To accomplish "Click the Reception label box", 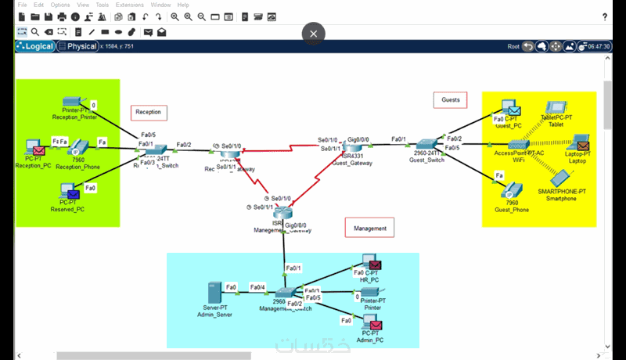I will tap(149, 113).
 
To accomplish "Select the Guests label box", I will tap(450, 100).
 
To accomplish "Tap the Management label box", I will tap(370, 229).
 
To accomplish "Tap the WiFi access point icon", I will tap(517, 145).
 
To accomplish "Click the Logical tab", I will tap(35, 46).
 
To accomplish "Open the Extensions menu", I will tap(129, 5).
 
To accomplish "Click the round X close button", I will tap(313, 34).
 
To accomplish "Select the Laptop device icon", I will tap(580, 143).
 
